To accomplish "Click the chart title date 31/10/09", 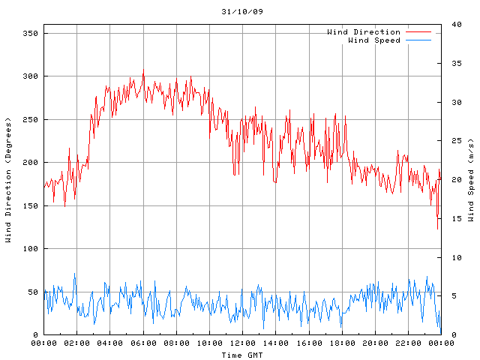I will pos(242,12).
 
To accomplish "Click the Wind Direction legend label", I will pos(364,32).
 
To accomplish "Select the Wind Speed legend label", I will pos(374,40).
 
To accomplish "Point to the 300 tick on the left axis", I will pos(31,76).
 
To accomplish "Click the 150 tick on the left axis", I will pos(31,205).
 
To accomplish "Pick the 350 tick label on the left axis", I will pos(31,33).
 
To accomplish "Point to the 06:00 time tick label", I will pos(143,343).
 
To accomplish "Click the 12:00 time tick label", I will pos(242,343).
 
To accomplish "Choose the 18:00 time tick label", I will pos(341,343).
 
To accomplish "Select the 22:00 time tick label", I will pos(407,343).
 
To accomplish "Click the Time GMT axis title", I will pos(242,355).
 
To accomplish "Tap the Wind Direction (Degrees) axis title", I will pos(8,180).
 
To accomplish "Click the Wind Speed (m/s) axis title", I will pos(470,180).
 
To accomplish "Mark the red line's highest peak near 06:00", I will pos(143,72).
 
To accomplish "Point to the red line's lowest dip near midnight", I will pos(438,229).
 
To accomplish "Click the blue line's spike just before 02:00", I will pos(74,274).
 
